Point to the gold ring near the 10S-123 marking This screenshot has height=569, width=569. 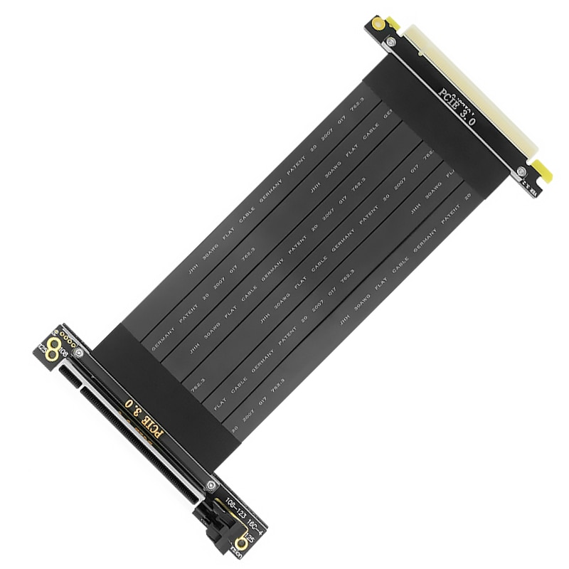tap(241, 544)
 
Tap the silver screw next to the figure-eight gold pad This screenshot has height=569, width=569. tap(78, 353)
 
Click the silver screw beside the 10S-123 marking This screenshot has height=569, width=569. tap(209, 486)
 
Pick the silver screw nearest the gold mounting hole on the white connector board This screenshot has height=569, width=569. tap(390, 44)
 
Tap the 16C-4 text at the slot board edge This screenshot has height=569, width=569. tap(255, 528)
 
